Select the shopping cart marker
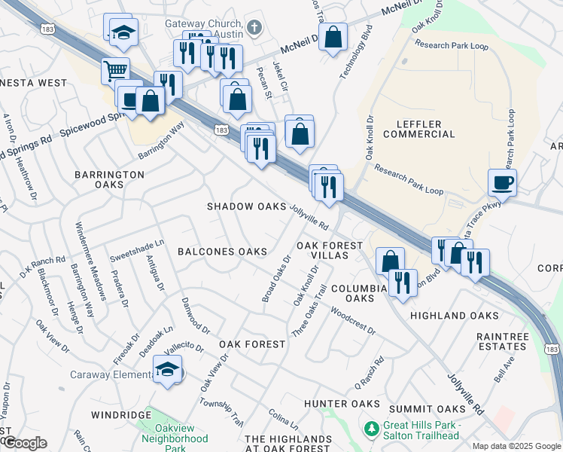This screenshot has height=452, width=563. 115,72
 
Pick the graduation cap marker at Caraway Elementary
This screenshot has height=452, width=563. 166,370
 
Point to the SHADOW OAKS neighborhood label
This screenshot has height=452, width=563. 247,206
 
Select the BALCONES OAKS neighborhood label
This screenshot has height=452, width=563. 222,252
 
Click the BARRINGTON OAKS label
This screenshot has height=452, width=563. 109,179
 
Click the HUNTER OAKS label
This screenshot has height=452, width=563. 342,405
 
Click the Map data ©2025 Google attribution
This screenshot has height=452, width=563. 517,446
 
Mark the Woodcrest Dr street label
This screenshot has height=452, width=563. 352,321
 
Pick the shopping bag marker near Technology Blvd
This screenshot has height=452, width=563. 333,38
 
